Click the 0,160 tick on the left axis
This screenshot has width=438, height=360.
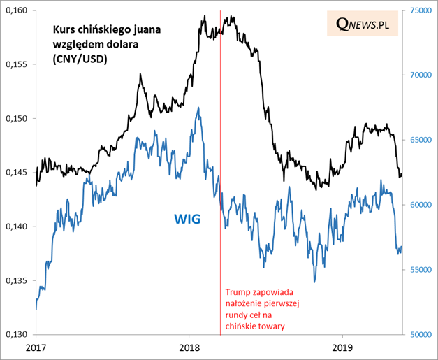click(17, 10)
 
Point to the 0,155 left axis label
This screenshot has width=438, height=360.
click(17, 64)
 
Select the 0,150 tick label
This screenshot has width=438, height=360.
click(17, 118)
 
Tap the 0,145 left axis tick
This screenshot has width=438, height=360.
click(17, 172)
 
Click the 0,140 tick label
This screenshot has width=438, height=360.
click(17, 226)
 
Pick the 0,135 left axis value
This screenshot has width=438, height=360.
click(17, 280)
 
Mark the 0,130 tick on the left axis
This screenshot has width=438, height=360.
click(17, 334)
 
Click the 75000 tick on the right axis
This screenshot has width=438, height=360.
click(420, 10)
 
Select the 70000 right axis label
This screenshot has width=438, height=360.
click(420, 75)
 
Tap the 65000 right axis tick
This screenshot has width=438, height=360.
click(420, 140)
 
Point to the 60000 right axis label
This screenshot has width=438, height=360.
click(420, 205)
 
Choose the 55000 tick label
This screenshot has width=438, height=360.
click(420, 269)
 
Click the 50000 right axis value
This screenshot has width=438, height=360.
click(420, 334)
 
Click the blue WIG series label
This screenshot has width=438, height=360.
click(187, 219)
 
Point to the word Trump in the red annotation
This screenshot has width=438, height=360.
click(238, 294)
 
